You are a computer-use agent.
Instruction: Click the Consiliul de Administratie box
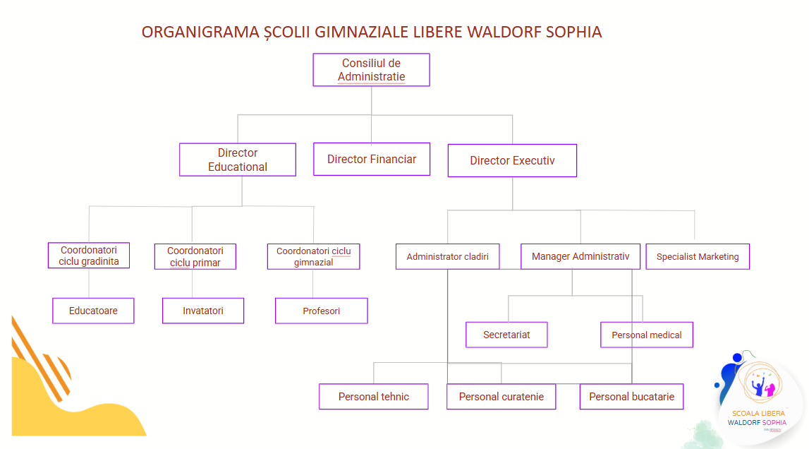click(371, 70)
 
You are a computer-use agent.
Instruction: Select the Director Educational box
click(238, 160)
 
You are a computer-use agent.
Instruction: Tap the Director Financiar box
click(372, 159)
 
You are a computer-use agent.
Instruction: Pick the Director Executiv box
click(512, 160)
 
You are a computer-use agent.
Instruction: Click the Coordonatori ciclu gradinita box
click(89, 256)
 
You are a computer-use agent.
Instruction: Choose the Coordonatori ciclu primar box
click(195, 256)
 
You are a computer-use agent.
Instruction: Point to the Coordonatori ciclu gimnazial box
click(313, 256)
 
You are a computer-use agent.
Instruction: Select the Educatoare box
click(93, 311)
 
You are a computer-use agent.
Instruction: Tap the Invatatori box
click(203, 311)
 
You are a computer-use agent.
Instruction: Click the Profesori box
click(321, 311)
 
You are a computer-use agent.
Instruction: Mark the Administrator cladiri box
click(448, 256)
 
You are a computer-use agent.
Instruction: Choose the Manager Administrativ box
click(580, 256)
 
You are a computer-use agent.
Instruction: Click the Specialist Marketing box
click(698, 256)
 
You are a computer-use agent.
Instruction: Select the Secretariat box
click(506, 335)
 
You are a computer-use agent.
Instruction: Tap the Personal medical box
click(646, 335)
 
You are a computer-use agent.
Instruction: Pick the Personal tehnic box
click(374, 397)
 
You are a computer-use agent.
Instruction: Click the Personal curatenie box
click(501, 397)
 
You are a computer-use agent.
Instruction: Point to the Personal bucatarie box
click(631, 397)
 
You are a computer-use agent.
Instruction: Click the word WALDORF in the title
click(503, 32)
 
